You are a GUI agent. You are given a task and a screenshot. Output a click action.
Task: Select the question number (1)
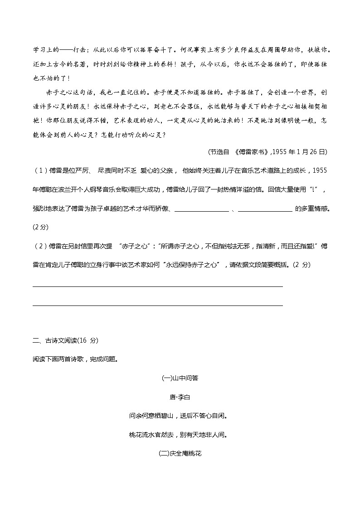coord(40,170)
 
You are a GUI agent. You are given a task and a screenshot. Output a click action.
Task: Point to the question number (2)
coord(40,247)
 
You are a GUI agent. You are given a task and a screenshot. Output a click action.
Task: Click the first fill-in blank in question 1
coord(201,209)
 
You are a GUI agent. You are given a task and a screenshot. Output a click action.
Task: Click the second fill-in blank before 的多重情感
coord(265,209)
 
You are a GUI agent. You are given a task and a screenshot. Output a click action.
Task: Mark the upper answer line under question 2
coord(158,286)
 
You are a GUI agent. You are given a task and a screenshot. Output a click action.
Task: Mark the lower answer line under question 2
coord(158,305)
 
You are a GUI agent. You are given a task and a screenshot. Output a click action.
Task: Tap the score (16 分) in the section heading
coord(88,340)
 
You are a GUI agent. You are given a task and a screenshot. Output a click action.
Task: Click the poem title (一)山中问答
coord(180,378)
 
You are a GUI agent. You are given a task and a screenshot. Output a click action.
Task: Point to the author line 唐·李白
coord(180,397)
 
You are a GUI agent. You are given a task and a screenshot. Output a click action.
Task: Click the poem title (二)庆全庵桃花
coord(180,453)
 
